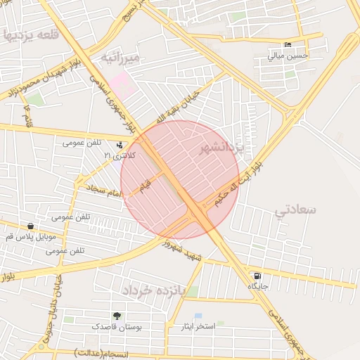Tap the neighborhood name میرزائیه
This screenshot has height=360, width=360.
click(x=120, y=57)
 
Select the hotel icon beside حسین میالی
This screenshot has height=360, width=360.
click(x=287, y=46)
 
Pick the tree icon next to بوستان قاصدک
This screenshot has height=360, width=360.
click(x=117, y=316)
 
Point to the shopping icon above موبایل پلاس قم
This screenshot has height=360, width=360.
click(x=30, y=226)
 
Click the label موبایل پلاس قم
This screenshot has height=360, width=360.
click(x=30, y=238)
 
